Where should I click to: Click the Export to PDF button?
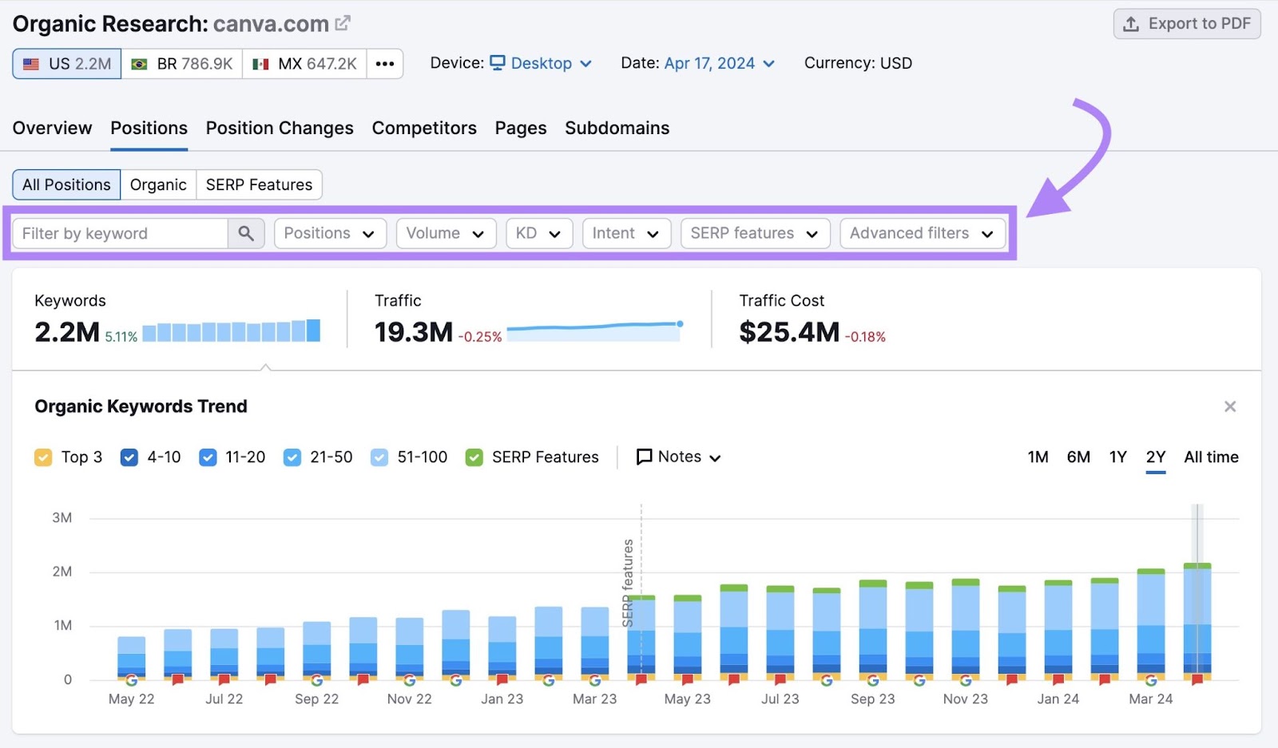click(x=1187, y=24)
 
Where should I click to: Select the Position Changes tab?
click(x=280, y=128)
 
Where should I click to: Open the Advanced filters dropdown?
click(x=922, y=233)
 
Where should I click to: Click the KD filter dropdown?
click(x=538, y=233)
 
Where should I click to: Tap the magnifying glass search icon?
click(x=246, y=233)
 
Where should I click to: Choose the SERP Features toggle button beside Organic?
click(x=259, y=184)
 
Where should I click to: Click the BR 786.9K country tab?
click(x=182, y=64)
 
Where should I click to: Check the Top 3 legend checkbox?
click(x=43, y=457)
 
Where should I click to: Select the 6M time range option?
click(x=1078, y=457)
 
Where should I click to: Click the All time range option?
click(x=1211, y=457)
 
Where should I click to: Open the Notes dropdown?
click(x=678, y=457)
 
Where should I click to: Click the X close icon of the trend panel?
click(x=1229, y=406)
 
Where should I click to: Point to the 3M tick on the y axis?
click(x=62, y=517)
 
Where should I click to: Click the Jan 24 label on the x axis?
click(x=1058, y=699)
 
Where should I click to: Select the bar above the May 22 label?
click(x=131, y=656)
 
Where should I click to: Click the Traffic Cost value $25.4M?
click(x=788, y=332)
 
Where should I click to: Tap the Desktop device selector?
click(x=541, y=63)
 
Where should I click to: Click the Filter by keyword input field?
click(x=120, y=233)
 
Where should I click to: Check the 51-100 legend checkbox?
click(x=379, y=457)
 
